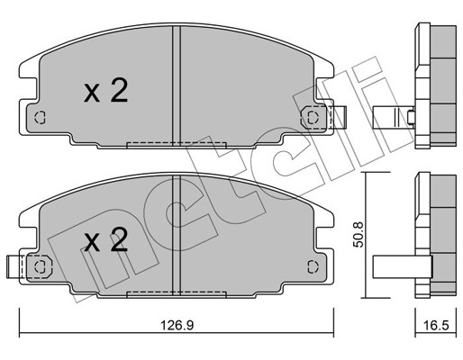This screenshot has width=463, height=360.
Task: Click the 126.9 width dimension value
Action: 177,325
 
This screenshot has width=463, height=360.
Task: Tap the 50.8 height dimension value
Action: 359,235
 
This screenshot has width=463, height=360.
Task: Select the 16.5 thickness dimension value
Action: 435,325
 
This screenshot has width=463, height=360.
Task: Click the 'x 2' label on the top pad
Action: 105,90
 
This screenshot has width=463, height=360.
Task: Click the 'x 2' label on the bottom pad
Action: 105,238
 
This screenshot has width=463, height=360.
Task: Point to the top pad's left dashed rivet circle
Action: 40,117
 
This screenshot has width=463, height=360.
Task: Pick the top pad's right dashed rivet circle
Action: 313,117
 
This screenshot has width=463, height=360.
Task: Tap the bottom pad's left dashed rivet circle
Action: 40,266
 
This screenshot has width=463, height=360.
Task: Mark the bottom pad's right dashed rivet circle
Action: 313,266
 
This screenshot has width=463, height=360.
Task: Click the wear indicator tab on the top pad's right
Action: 339,117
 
